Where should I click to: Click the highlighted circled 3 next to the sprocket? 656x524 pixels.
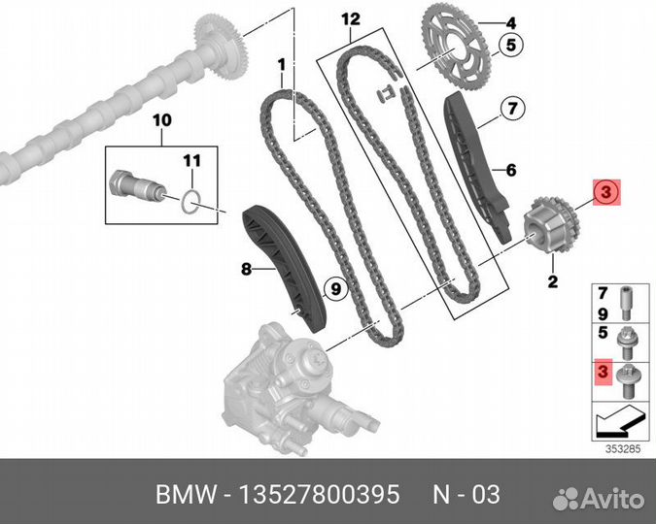click(604, 192)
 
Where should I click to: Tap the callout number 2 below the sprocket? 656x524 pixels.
click(552, 282)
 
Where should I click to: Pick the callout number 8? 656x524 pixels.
click(247, 269)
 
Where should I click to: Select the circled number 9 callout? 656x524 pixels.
click(332, 287)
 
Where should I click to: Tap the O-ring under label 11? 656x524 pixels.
click(192, 201)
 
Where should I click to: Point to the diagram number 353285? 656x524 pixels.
click(617, 448)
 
